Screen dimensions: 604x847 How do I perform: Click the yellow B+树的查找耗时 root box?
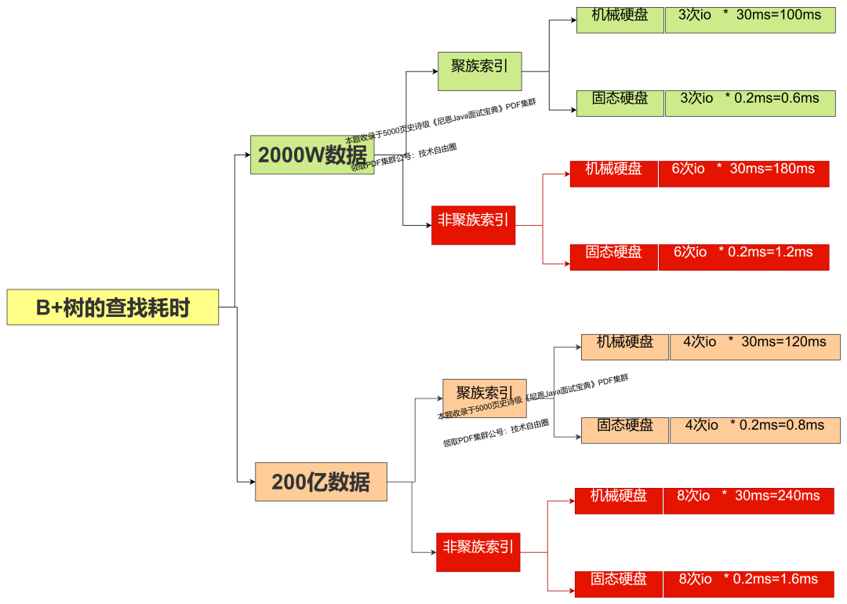tap(112, 307)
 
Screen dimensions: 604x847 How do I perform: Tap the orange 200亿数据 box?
tap(321, 482)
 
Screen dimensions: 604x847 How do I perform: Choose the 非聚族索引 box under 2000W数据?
tap(473, 225)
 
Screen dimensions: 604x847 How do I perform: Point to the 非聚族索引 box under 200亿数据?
tap(478, 551)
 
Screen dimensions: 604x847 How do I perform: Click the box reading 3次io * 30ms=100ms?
tap(750, 20)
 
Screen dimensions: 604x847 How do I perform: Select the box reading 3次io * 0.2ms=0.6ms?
tap(750, 103)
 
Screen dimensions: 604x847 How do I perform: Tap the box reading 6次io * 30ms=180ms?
tap(743, 173)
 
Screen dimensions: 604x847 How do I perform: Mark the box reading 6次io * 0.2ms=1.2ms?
tap(743, 257)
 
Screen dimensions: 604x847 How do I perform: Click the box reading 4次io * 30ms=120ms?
tap(754, 347)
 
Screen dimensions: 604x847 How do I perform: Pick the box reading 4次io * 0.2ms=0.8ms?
tap(754, 430)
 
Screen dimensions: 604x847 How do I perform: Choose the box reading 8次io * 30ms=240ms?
tap(748, 500)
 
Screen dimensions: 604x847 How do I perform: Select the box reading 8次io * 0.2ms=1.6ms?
tap(748, 584)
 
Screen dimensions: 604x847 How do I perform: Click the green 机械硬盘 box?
tap(620, 20)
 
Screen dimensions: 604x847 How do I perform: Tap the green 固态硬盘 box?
tap(620, 103)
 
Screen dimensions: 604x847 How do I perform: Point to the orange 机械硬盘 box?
tap(624, 347)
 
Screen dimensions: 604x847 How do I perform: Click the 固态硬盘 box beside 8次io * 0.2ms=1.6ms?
tap(618, 584)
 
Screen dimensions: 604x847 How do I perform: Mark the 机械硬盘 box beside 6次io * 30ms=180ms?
tap(613, 173)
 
